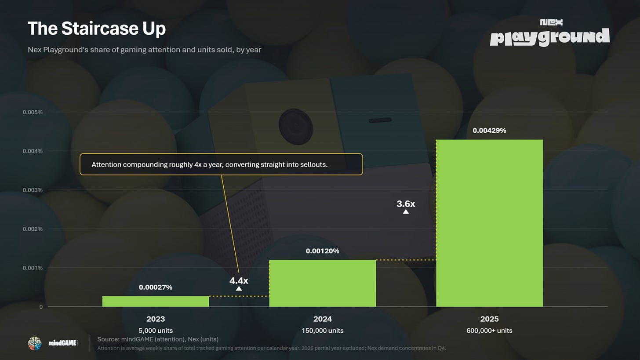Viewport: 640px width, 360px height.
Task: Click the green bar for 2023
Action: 156,302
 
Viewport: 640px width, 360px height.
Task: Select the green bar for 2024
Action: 323,283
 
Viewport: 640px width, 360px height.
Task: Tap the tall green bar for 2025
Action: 489,223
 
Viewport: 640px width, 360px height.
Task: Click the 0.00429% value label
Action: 489,131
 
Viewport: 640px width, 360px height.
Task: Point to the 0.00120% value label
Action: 323,251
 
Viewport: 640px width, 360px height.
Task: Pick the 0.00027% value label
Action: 156,287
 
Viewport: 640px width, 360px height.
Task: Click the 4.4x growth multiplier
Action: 239,280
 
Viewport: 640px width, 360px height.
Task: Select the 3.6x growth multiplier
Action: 406,204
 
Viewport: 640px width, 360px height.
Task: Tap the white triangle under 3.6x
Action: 406,212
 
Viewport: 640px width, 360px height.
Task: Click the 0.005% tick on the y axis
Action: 33,112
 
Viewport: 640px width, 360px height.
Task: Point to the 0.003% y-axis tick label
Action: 33,190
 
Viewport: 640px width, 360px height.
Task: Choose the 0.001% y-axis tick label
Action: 33,268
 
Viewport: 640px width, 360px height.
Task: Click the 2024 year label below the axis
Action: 323,319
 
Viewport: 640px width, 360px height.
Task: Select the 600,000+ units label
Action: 489,331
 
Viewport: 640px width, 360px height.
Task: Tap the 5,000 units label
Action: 156,331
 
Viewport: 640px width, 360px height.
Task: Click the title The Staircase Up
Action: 97,29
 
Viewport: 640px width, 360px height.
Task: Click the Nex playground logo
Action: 550,33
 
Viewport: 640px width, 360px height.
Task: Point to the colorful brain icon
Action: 35,343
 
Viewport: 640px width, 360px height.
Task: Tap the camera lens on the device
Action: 296,127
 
